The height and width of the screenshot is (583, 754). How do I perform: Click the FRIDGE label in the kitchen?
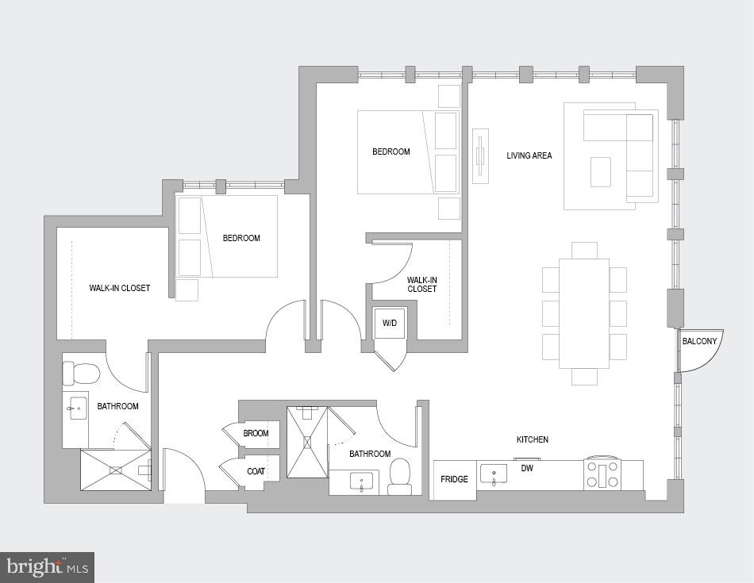(x=454, y=479)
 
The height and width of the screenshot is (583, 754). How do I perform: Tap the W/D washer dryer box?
(x=390, y=323)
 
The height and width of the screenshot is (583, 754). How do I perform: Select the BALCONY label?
(x=699, y=342)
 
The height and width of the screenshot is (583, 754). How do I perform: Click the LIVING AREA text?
(x=529, y=155)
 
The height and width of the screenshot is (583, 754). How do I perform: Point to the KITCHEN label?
(x=533, y=439)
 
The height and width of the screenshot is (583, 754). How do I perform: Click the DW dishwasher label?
(x=527, y=469)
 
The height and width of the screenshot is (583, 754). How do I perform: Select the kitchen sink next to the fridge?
(x=494, y=474)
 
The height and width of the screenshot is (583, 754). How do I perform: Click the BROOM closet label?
(x=256, y=434)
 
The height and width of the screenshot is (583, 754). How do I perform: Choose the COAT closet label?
(x=256, y=471)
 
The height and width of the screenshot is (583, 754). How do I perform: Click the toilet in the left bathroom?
(x=81, y=373)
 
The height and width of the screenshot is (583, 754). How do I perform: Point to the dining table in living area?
(x=584, y=313)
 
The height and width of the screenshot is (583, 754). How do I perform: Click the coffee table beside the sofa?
(x=601, y=171)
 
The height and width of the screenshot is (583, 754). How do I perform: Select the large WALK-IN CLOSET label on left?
(x=120, y=288)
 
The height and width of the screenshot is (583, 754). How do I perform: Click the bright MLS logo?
(x=47, y=567)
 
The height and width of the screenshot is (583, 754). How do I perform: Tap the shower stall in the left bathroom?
(x=116, y=470)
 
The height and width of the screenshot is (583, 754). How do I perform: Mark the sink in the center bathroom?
(x=362, y=481)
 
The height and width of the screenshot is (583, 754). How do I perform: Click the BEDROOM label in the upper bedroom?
(x=391, y=152)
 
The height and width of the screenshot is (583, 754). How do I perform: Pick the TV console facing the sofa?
(x=480, y=155)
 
